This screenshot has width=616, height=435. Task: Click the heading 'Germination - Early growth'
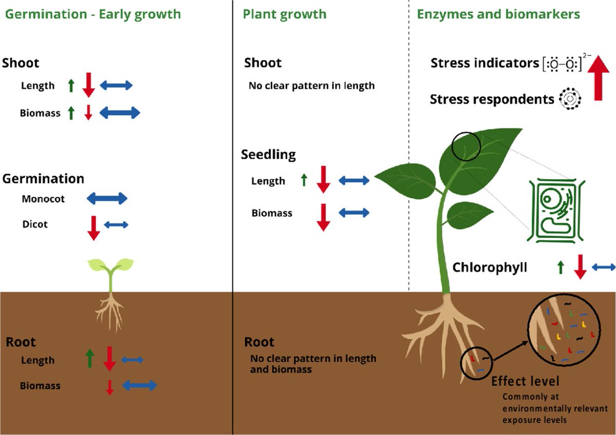click(93, 14)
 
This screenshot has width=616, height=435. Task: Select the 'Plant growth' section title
click(284, 14)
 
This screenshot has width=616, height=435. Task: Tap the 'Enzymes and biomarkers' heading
click(498, 14)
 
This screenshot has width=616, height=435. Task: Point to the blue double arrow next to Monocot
click(106, 198)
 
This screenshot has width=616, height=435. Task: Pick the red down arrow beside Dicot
click(93, 228)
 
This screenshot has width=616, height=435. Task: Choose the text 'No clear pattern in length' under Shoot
click(312, 86)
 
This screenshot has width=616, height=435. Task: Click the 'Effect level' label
click(525, 382)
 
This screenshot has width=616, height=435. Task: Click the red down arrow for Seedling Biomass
click(323, 217)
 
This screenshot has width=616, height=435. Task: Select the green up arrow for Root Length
click(90, 358)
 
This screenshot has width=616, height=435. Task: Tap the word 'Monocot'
click(43, 199)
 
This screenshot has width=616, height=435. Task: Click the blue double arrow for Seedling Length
click(354, 180)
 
